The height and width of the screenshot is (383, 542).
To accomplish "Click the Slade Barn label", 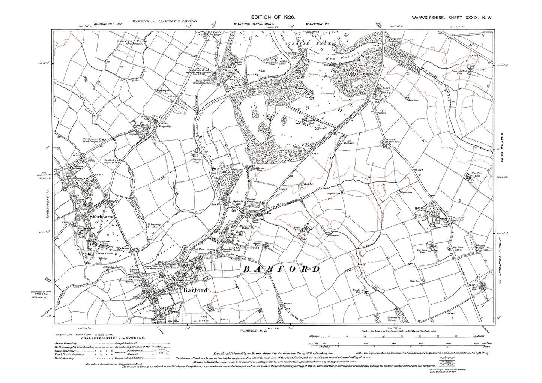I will (x=417, y=280).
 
